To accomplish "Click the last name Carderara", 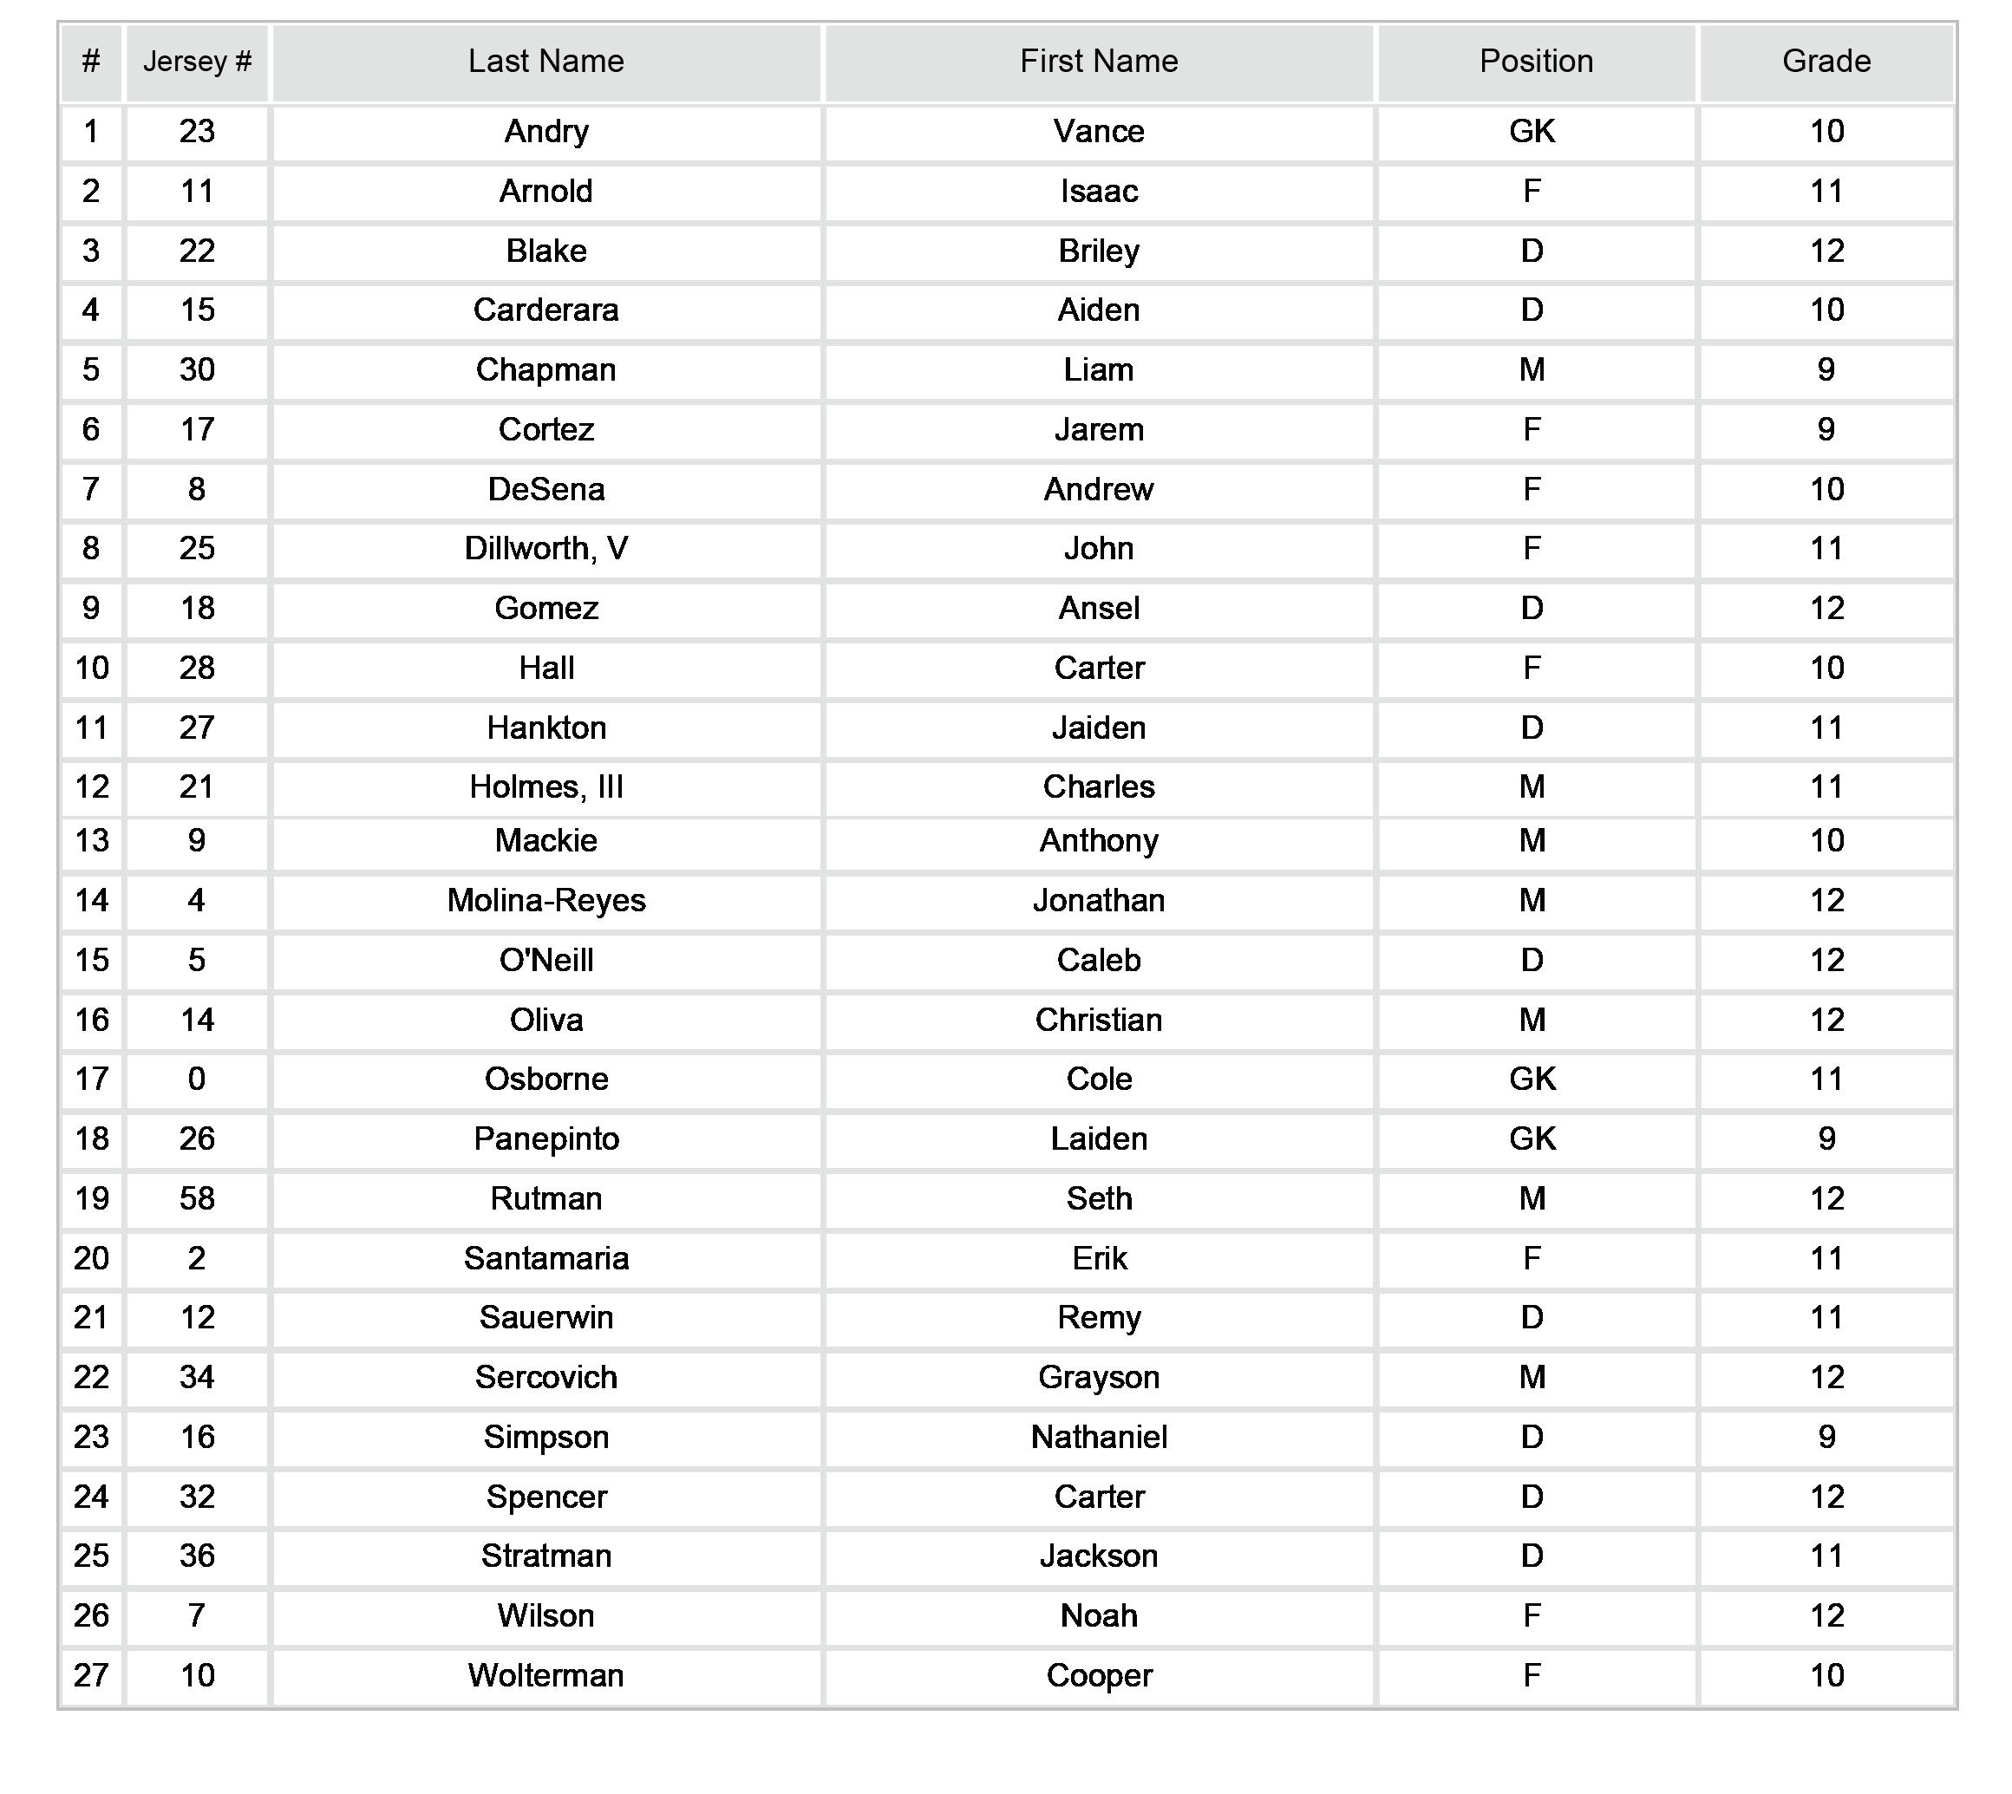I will point(545,310).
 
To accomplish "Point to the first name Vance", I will point(1098,131).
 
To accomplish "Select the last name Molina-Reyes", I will point(545,900).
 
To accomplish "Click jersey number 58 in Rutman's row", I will point(197,1198).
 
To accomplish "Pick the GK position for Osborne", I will point(1532,1080).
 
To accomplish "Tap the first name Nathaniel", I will point(1098,1437).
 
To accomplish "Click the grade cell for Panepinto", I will point(1826,1139).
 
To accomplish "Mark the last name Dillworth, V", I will point(545,549).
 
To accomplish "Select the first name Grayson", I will point(1098,1377).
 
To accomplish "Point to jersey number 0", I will point(197,1080).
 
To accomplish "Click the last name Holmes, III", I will point(545,786).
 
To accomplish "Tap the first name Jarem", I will point(1098,430).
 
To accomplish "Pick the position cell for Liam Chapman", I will point(1532,370).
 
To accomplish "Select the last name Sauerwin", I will point(545,1318).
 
